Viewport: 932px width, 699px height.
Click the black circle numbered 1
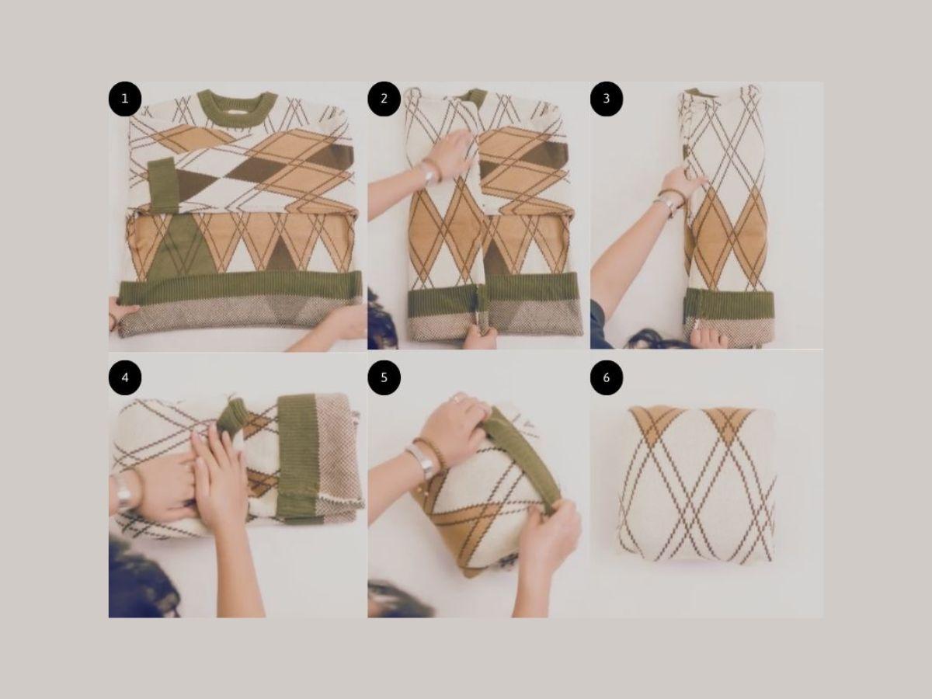(125, 99)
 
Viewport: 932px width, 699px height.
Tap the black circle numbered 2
(384, 99)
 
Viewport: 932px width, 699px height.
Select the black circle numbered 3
(607, 99)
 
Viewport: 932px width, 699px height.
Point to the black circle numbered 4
(125, 377)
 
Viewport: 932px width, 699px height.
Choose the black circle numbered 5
(384, 377)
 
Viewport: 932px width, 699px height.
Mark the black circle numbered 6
(607, 377)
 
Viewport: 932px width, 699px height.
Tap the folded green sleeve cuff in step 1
(163, 185)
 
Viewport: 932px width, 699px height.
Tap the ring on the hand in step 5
(457, 398)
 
